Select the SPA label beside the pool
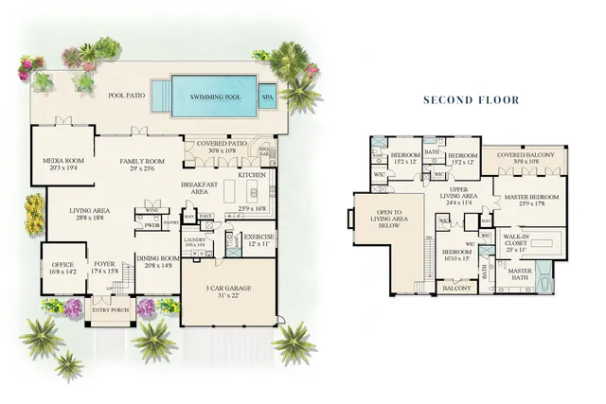tap(267, 97)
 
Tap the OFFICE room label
tap(62, 266)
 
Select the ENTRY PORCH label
tap(110, 309)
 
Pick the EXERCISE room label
tap(258, 238)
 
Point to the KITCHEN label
tap(252, 175)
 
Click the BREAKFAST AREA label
tap(201, 187)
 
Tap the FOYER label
tap(103, 266)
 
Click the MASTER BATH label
tap(520, 274)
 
